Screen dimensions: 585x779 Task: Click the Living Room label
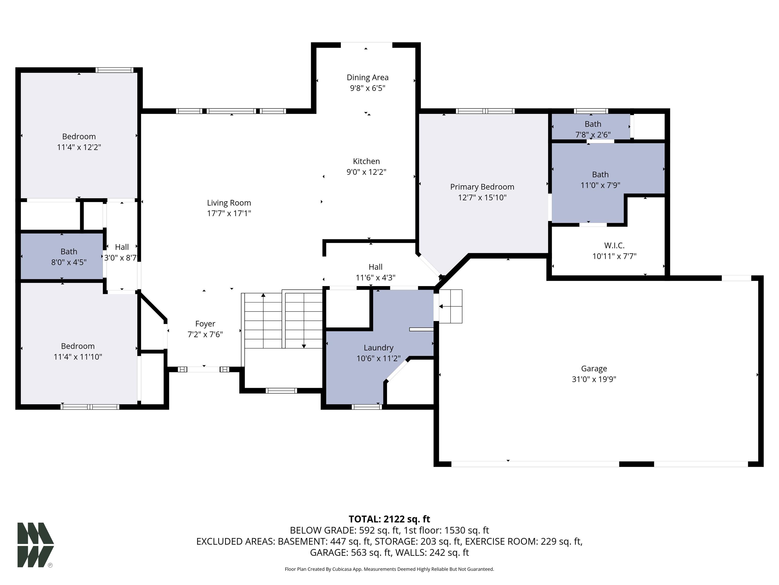tap(229, 203)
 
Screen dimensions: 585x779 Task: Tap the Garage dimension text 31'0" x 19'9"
tap(594, 379)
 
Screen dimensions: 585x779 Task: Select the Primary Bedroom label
tap(482, 187)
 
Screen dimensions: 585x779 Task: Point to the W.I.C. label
tap(614, 246)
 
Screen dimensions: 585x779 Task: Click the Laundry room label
tap(378, 348)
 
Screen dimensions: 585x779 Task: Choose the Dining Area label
tap(367, 78)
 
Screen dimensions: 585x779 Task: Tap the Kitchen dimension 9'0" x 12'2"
tap(366, 172)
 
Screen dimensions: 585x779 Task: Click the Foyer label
tap(205, 324)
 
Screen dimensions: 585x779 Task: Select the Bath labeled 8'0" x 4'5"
tap(69, 252)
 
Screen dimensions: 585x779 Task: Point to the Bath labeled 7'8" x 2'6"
tap(593, 124)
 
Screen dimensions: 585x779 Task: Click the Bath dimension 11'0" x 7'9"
tap(600, 185)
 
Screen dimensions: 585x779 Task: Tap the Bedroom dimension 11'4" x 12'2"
tap(79, 148)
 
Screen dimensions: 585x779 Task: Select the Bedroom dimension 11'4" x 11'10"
tap(78, 357)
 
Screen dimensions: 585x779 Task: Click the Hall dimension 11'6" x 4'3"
tap(375, 278)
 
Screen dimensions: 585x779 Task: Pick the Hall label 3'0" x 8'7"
tap(121, 247)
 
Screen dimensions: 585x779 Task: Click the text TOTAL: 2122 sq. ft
tap(389, 519)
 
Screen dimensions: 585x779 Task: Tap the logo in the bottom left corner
tap(35, 545)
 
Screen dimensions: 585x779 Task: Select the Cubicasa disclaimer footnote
tap(389, 569)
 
